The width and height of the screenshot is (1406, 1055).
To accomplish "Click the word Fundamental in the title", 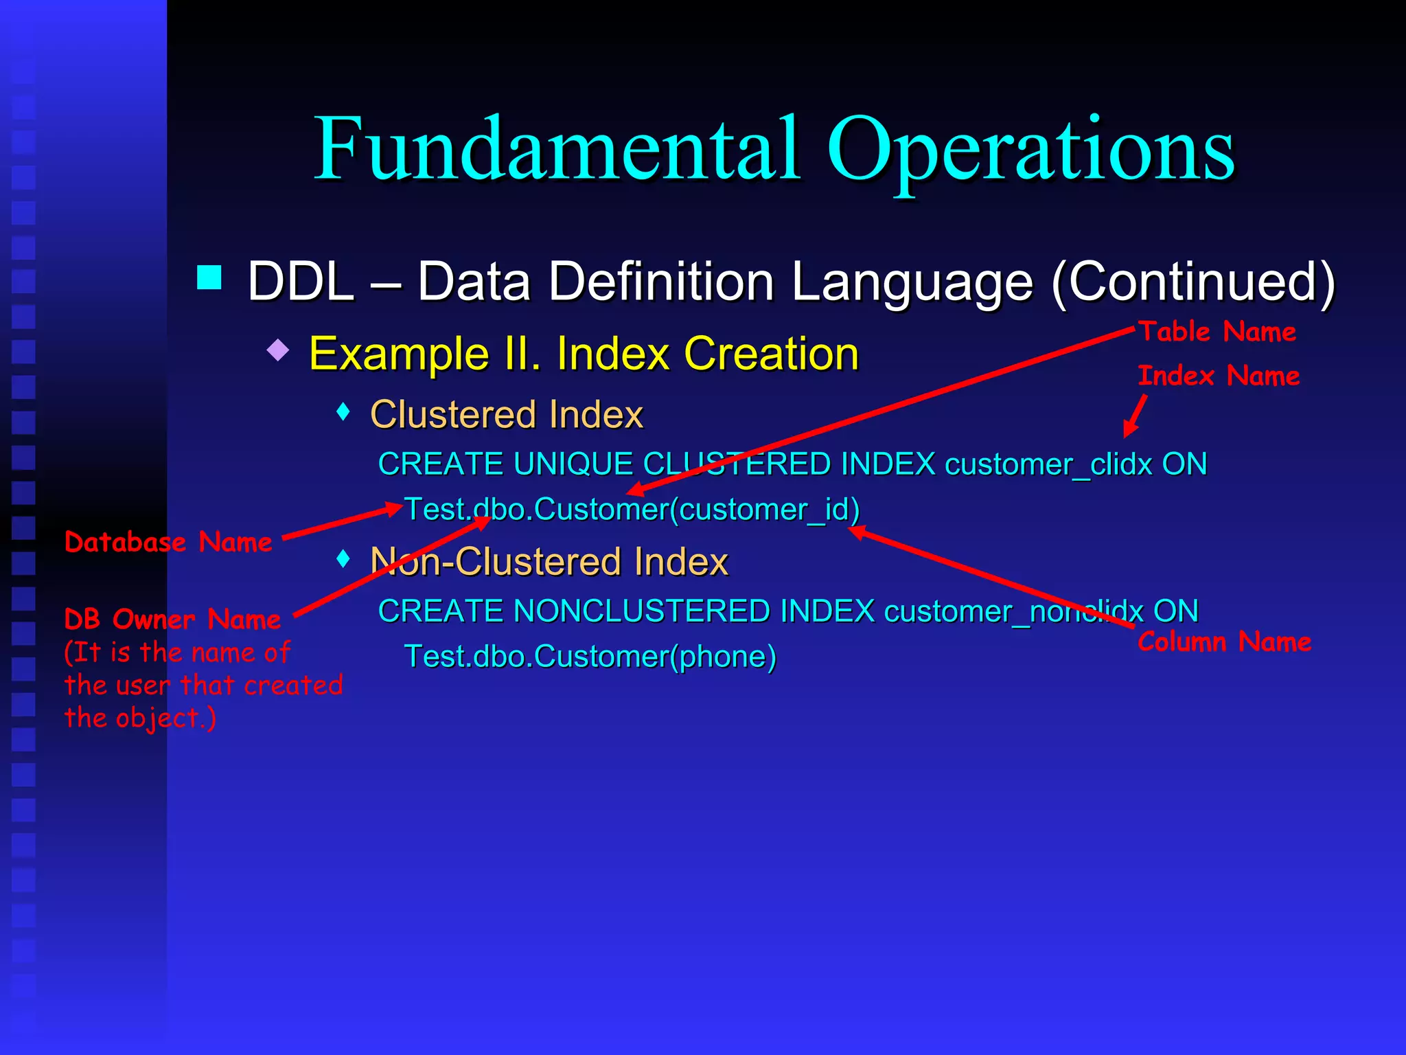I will [556, 149].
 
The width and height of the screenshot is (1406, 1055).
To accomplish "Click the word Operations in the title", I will [1030, 149].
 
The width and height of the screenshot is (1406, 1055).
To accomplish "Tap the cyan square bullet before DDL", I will [209, 278].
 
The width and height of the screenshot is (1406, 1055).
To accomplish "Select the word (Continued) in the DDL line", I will [1193, 282].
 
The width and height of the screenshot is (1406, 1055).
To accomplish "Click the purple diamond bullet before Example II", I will [278, 350].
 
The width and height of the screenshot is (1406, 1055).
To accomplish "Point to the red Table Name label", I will [1217, 332].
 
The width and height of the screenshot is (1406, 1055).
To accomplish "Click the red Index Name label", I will [1219, 376].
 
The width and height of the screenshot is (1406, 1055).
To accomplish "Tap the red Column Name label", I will [1224, 642].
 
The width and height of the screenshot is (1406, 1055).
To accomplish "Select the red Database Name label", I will [168, 543].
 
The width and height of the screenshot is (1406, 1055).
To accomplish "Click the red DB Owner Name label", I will [172, 620].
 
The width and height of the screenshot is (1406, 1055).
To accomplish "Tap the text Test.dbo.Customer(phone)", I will [590, 657].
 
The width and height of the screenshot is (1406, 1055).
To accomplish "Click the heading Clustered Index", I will [506, 415].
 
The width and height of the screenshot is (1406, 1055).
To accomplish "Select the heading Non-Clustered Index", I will [549, 562].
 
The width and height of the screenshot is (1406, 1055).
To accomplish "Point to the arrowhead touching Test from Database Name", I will [394, 509].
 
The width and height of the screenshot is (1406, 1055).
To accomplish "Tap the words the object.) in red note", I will [140, 718].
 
